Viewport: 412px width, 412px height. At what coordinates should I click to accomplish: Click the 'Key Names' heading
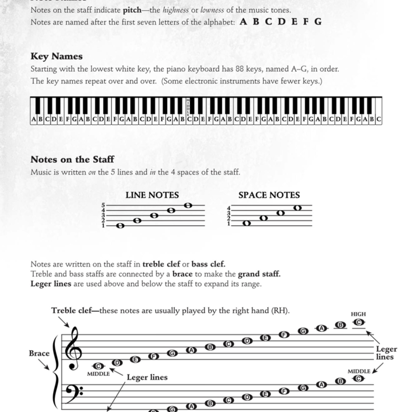(57, 57)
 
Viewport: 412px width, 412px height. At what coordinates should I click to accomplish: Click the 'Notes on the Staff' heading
(72, 160)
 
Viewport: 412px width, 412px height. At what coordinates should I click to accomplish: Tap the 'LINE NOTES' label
(152, 195)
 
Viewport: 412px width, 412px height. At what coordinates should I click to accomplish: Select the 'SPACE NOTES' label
(269, 195)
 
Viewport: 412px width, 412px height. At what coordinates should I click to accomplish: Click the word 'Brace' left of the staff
(39, 353)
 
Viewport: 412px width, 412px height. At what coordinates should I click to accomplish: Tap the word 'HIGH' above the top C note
(358, 314)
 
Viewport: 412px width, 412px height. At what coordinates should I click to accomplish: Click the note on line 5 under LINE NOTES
(188, 205)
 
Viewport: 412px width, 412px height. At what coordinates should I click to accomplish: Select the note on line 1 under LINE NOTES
(120, 226)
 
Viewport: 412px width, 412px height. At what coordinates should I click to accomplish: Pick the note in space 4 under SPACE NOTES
(297, 208)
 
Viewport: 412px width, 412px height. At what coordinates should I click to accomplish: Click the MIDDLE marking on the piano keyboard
(188, 107)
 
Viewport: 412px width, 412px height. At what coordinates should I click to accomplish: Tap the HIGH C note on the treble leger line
(359, 323)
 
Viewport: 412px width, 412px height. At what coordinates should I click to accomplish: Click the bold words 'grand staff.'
(259, 274)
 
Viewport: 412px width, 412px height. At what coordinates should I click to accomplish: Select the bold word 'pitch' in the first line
(132, 10)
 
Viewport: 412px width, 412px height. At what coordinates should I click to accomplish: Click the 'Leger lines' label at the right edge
(386, 353)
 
